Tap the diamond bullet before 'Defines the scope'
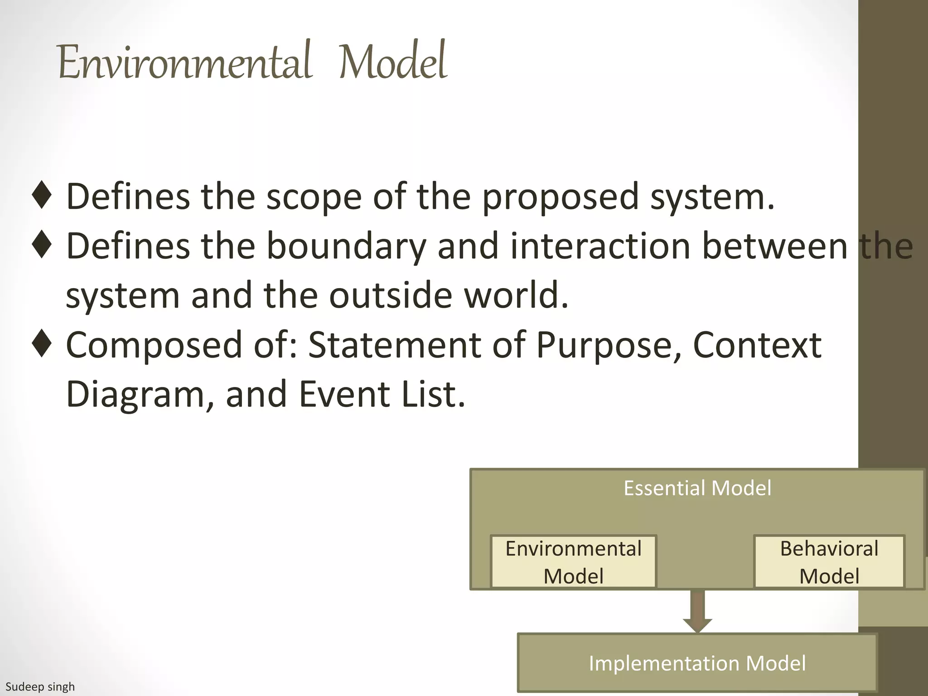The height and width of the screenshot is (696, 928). pyautogui.click(x=42, y=195)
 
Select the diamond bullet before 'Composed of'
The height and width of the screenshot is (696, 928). pyautogui.click(x=42, y=344)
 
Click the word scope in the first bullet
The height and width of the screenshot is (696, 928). pyautogui.click(x=314, y=198)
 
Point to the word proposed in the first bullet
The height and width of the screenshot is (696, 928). pyautogui.click(x=560, y=198)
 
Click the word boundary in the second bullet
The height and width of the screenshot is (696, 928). pyautogui.click(x=346, y=247)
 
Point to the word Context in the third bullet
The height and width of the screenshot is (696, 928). pyautogui.click(x=757, y=345)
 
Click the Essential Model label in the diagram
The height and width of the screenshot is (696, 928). pyautogui.click(x=697, y=488)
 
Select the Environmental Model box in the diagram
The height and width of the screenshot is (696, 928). pyautogui.click(x=573, y=562)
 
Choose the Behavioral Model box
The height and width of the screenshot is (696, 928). pyautogui.click(x=829, y=562)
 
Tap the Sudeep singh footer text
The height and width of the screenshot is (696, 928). pyautogui.click(x=40, y=687)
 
